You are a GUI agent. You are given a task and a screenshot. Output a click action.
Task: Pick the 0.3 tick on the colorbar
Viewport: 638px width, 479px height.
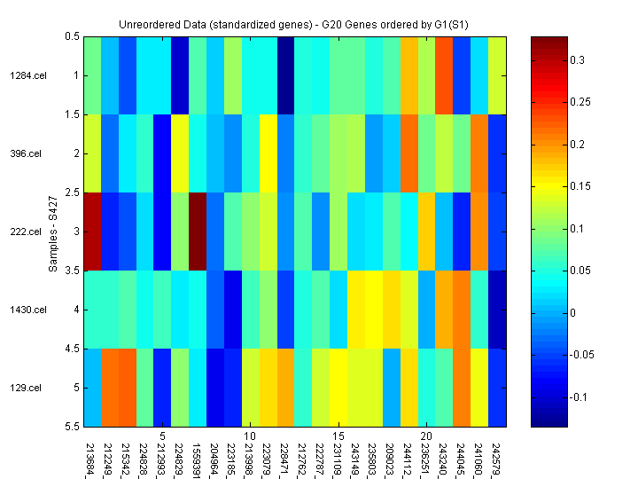pyautogui.click(x=576, y=60)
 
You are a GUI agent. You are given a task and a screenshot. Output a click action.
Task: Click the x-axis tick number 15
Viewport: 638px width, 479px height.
pyautogui.click(x=338, y=436)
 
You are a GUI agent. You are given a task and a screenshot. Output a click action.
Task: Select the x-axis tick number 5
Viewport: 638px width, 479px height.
pyautogui.click(x=163, y=436)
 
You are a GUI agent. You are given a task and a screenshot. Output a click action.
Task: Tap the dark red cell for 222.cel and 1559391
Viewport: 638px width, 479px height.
pyautogui.click(x=198, y=232)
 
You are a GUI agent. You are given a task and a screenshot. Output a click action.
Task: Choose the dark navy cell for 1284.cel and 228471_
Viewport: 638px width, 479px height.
pyautogui.click(x=285, y=75)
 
